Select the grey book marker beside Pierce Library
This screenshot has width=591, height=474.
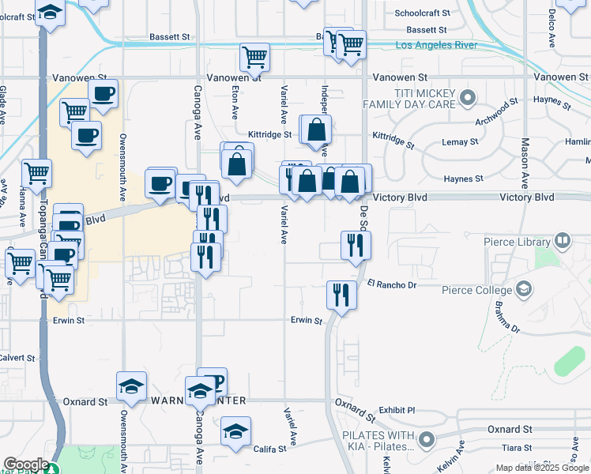[x=563, y=239]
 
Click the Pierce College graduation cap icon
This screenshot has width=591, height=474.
[x=522, y=289]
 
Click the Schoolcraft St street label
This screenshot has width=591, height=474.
[x=422, y=13]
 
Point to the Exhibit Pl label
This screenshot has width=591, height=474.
[x=397, y=411]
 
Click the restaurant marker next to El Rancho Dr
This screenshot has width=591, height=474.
[x=341, y=295]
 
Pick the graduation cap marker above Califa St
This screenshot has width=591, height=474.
[x=235, y=432]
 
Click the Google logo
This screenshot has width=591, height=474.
[x=25, y=465]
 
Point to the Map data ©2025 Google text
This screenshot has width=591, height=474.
[x=541, y=468]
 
